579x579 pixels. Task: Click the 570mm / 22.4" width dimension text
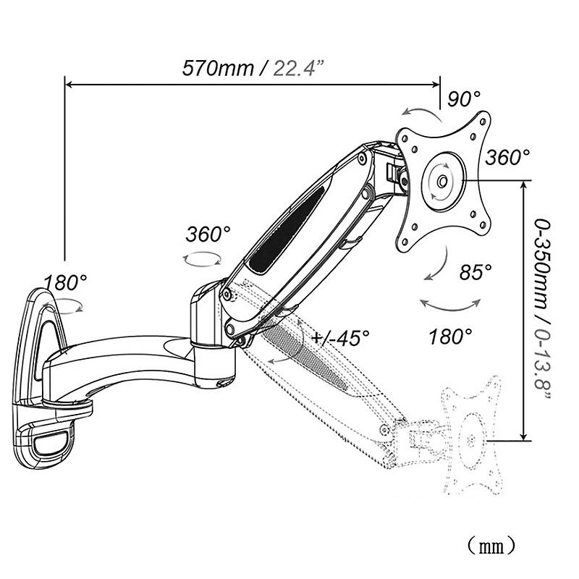click(253, 69)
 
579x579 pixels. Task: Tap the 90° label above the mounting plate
click(464, 99)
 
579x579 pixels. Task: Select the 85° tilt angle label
click(476, 272)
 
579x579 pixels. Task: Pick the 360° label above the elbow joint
click(208, 234)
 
